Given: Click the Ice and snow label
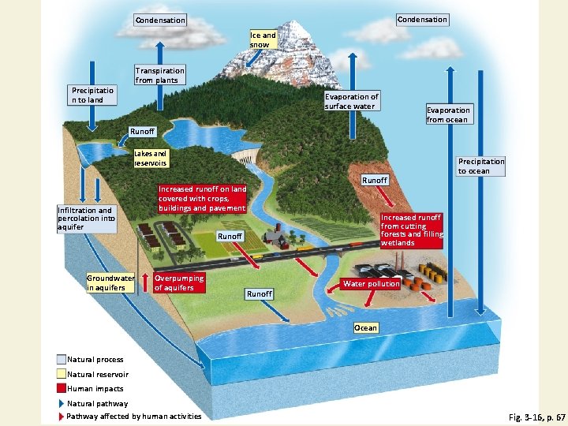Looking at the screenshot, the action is (x=263, y=39).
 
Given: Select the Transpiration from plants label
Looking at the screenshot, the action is (x=159, y=75).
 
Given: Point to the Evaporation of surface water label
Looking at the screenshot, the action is (x=351, y=101).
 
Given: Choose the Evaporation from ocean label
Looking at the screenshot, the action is (x=448, y=114).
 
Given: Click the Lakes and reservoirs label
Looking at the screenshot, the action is (x=150, y=159).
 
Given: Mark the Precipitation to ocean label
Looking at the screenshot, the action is (x=480, y=166).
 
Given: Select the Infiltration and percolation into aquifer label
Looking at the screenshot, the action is (x=86, y=219).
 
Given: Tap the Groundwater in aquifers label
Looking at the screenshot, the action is (x=110, y=282).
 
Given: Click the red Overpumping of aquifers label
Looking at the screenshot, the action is (x=179, y=282).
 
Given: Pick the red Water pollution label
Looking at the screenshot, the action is (x=371, y=283).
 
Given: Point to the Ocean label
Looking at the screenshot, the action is (x=365, y=327).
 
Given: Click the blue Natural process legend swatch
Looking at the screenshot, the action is (x=62, y=360).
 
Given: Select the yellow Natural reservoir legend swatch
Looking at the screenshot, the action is (x=62, y=374).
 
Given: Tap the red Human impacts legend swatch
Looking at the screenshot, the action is (x=62, y=388).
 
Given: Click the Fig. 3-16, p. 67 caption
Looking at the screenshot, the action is (x=532, y=415).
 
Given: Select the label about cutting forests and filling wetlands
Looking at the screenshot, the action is (x=412, y=230).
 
